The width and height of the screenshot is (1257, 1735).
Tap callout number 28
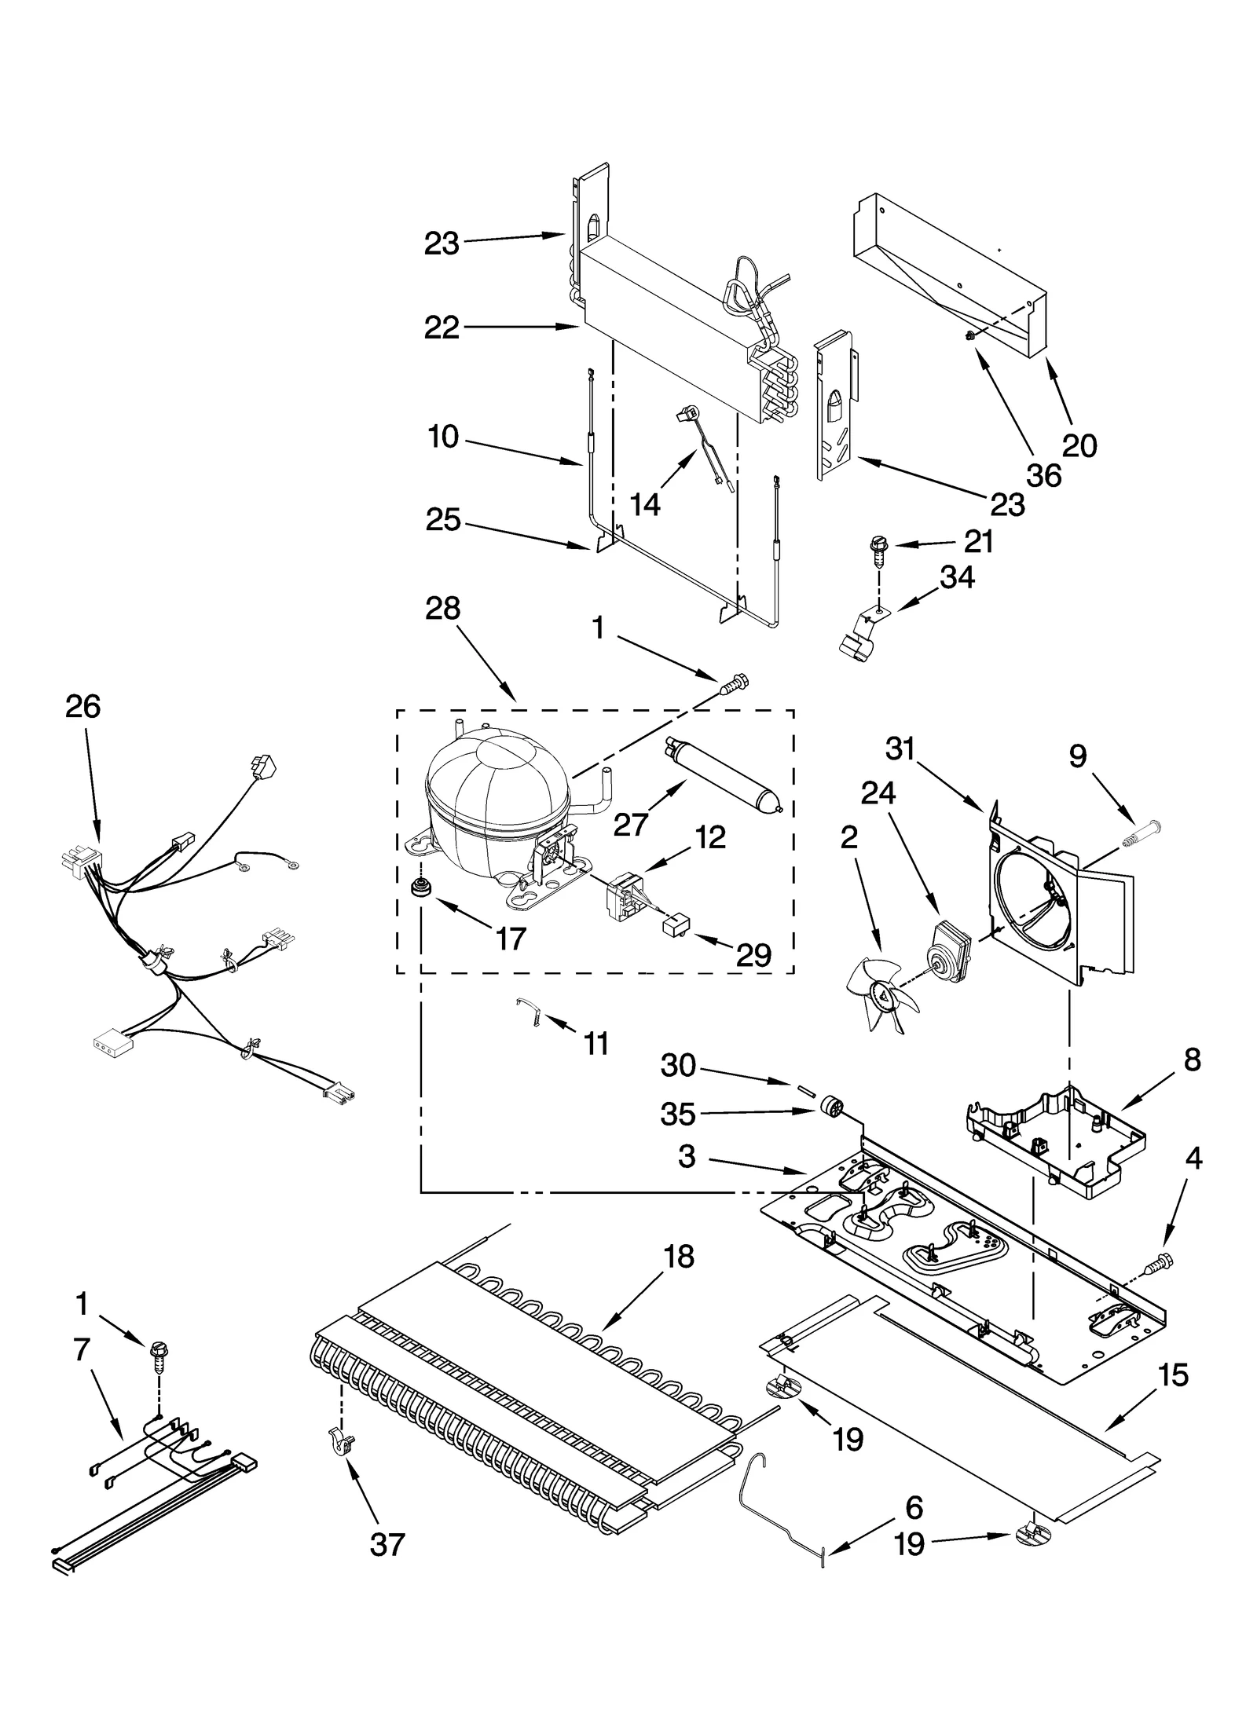(x=442, y=609)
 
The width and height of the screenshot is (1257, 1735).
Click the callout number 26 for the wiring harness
(x=82, y=707)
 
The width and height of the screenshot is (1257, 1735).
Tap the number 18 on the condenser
(x=679, y=1257)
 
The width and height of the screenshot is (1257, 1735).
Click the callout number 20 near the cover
(x=1079, y=446)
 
